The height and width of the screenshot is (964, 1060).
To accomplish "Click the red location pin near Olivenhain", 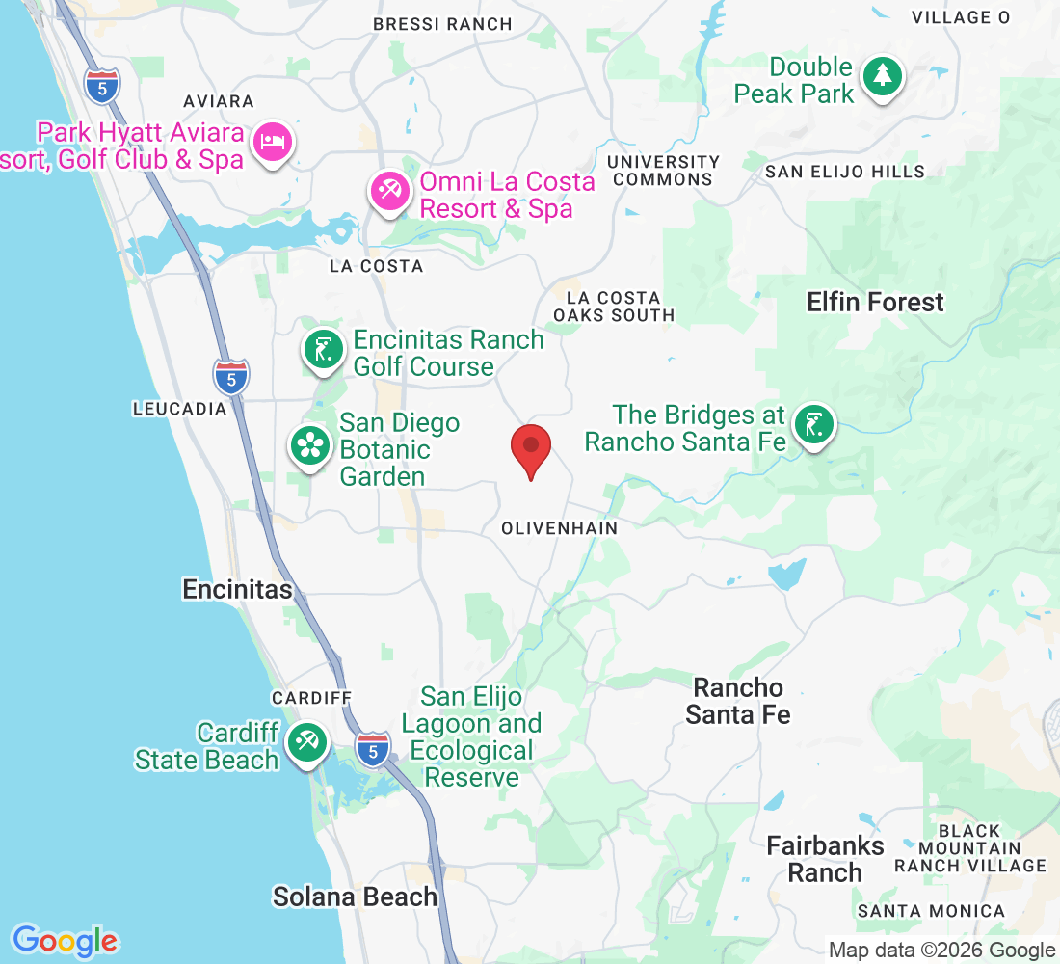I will pos(530,449).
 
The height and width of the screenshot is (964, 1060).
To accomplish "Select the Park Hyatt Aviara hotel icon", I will pos(273,144).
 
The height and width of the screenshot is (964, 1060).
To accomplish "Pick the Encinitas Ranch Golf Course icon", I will pos(325,350).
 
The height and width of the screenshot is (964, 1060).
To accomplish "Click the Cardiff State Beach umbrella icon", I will pos(306,743).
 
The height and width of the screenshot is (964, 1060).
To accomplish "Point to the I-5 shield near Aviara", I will pos(102,86).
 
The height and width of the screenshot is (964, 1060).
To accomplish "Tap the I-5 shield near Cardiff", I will pos(373,749).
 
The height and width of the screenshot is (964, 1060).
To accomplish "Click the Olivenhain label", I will pos(560,528).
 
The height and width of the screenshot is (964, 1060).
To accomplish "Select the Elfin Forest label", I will pos(875,303).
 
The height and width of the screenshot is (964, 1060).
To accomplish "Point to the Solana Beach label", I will pos(355,897).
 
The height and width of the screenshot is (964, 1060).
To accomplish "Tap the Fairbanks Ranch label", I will pos(825,859).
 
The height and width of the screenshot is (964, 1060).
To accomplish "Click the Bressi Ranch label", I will pos(442,24).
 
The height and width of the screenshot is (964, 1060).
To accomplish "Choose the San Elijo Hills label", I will pos(844,172).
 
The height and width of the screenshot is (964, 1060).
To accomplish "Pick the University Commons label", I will pos(664,171).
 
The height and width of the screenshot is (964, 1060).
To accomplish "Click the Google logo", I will pos(65,941).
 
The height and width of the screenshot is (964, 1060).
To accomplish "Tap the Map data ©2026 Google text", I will pos(941,951).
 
